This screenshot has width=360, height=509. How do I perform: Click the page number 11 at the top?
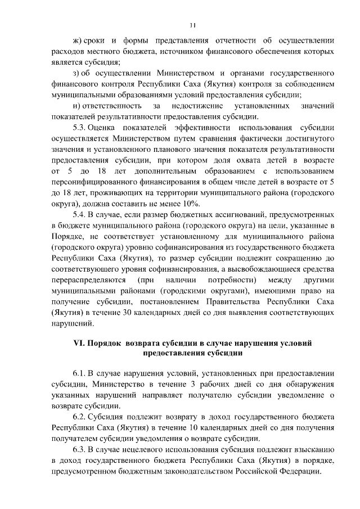pyautogui.click(x=192, y=25)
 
